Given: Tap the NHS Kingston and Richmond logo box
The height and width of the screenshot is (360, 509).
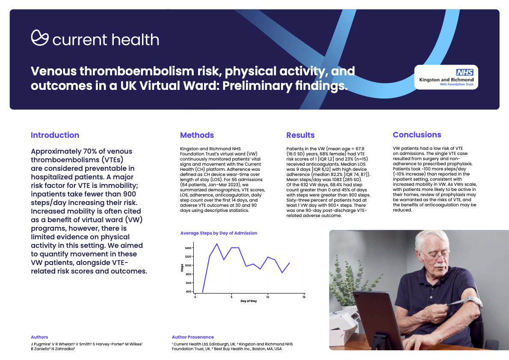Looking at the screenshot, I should (x=446, y=77).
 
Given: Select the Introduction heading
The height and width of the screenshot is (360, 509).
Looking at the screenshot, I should (x=55, y=135).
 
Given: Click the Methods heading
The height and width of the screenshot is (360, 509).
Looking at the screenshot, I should (x=197, y=135).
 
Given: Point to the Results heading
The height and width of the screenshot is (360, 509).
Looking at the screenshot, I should (x=300, y=135).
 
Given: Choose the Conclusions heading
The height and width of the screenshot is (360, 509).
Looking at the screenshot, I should (x=417, y=135).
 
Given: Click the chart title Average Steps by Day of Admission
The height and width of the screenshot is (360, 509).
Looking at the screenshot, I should (x=219, y=233).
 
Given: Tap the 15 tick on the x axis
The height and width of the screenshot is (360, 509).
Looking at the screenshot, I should (x=304, y=297).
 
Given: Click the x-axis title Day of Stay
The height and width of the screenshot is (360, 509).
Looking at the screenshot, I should (x=249, y=302).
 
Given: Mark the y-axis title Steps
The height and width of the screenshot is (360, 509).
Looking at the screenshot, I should (x=182, y=268).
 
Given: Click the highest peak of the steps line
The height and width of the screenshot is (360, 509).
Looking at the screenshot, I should (x=217, y=244).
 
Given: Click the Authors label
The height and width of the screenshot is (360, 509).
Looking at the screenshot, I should (x=39, y=337).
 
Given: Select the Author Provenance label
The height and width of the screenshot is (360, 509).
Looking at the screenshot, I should (x=192, y=337).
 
